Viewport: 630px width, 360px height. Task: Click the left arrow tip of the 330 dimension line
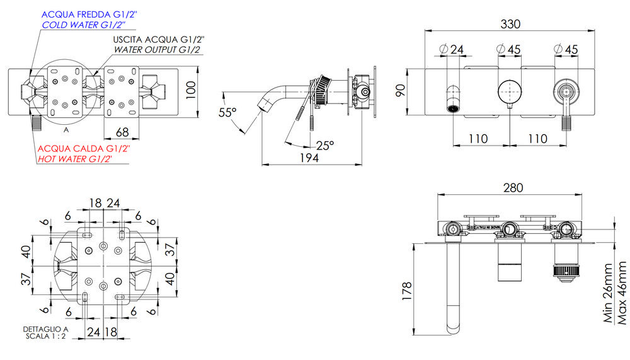[x=425, y=30]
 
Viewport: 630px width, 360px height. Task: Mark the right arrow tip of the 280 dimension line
[x=582, y=195]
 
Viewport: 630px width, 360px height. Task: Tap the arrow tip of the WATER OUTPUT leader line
[x=93, y=76]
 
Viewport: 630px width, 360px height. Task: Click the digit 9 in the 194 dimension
[x=309, y=158]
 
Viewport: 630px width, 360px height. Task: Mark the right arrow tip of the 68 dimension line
[x=139, y=138]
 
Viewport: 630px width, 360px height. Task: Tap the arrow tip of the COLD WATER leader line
[x=30, y=75]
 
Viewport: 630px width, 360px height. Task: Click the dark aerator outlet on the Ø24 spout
[x=453, y=108]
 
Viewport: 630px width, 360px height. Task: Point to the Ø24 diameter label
[x=452, y=49]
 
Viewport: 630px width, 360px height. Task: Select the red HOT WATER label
[x=75, y=159]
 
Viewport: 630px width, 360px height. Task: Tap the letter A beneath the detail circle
[x=66, y=131]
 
